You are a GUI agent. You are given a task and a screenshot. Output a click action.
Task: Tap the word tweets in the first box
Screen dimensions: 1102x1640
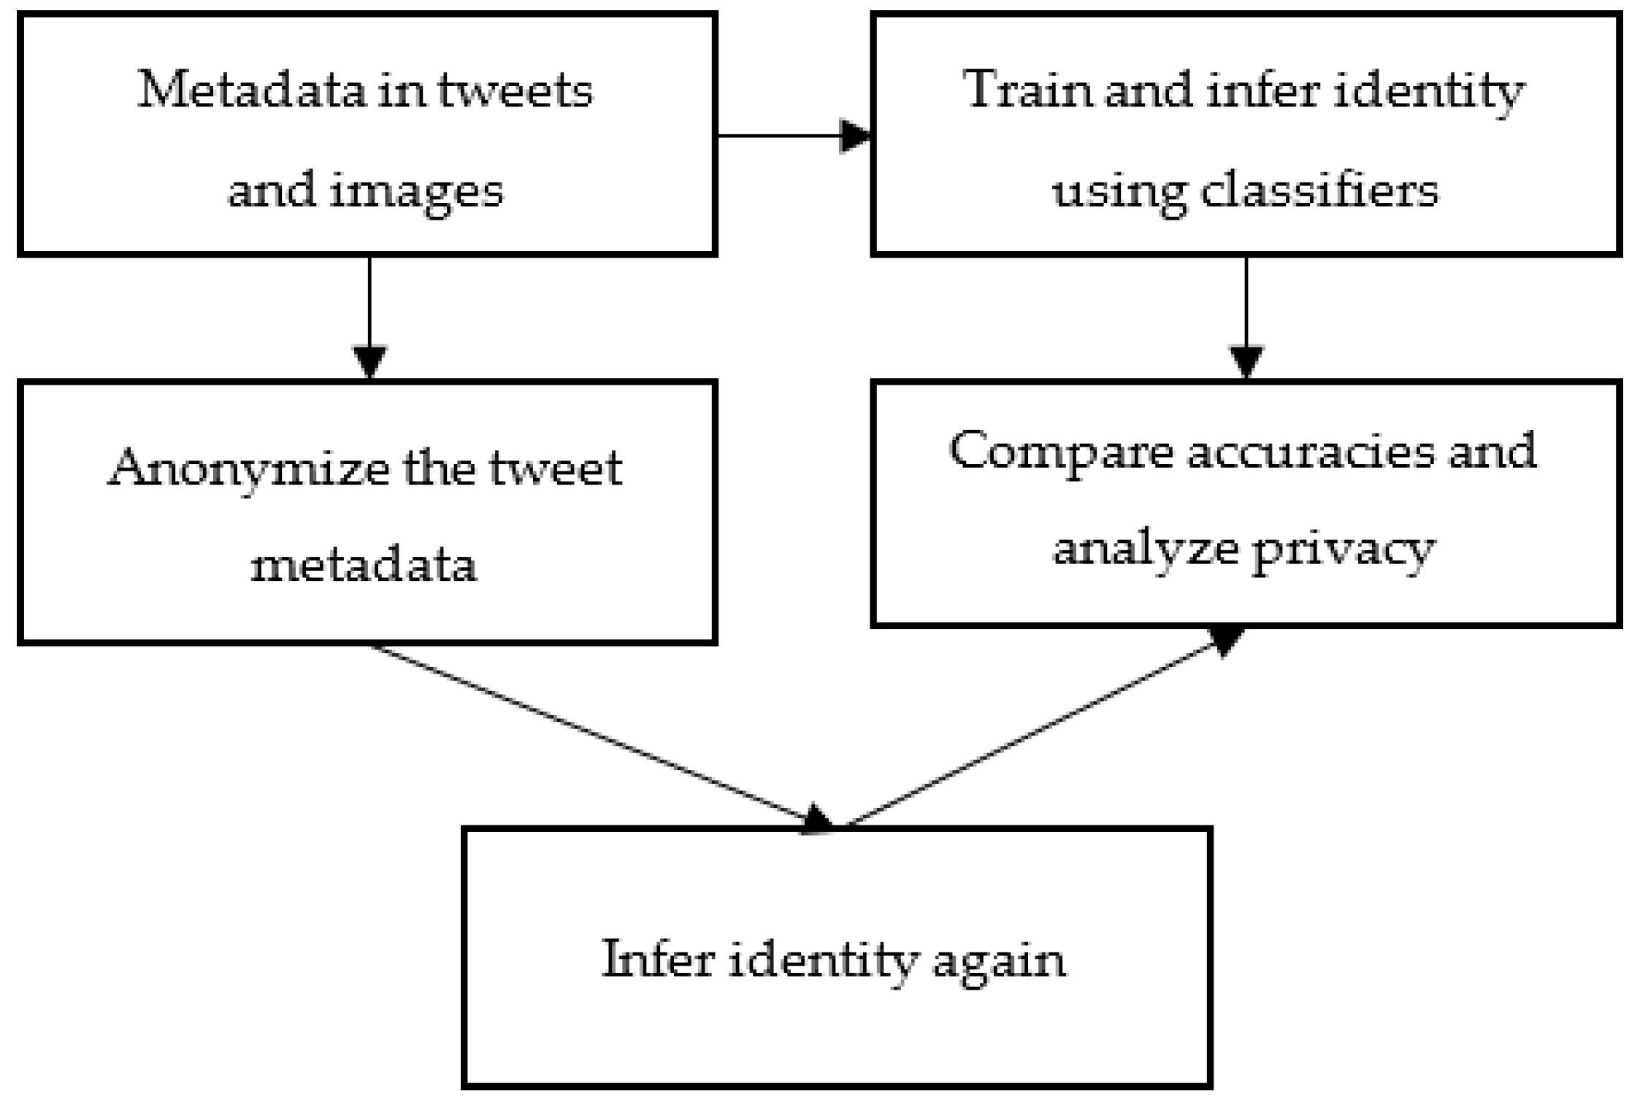tap(515, 91)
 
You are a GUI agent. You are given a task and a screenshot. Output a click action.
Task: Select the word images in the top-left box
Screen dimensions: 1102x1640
tap(416, 191)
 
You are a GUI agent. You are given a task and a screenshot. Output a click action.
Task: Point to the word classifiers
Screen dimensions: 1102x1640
tap(1319, 191)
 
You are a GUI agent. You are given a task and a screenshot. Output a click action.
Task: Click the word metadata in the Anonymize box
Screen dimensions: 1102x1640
tap(364, 565)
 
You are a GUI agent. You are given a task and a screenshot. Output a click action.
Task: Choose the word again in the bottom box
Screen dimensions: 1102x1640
tap(998, 960)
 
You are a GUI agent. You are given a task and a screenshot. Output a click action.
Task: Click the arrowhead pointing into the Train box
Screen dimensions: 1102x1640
tap(855, 136)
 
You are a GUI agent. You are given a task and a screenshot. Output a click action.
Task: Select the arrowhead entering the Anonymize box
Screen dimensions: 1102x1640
tap(369, 361)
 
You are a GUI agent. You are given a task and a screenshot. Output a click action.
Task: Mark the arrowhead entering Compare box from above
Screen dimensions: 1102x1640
tap(1246, 361)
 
